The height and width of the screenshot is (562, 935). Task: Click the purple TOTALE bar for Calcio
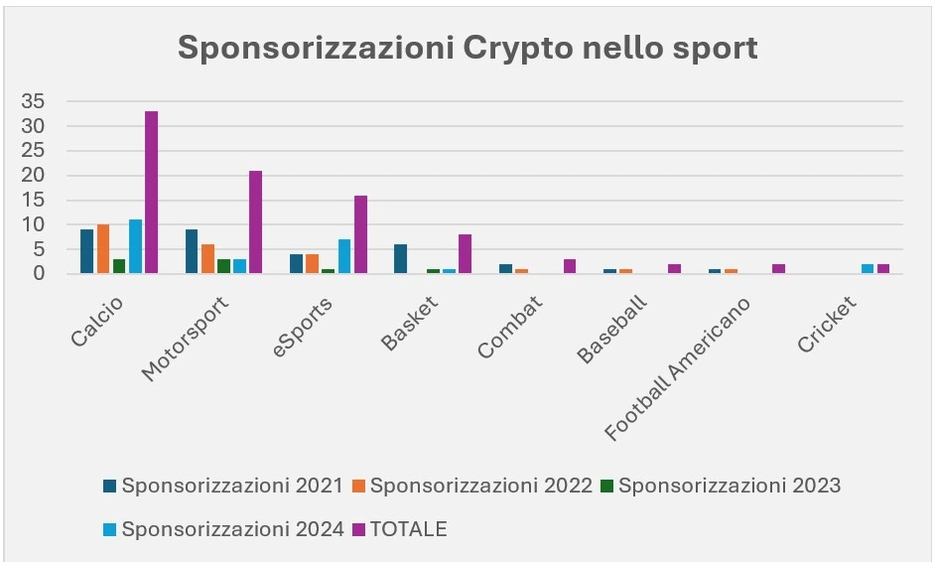(151, 193)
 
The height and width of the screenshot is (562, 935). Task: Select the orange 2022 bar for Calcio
(103, 249)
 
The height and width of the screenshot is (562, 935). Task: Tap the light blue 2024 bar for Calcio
(135, 247)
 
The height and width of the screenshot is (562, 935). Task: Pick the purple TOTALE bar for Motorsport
(256, 222)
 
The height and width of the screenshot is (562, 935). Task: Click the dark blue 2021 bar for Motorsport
(192, 251)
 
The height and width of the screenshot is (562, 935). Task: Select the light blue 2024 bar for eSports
(344, 256)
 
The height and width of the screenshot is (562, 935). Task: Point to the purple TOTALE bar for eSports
(360, 234)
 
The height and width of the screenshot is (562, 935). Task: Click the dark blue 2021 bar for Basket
(400, 259)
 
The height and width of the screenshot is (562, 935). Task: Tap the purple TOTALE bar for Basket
(465, 254)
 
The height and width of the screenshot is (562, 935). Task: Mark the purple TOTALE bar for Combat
(570, 267)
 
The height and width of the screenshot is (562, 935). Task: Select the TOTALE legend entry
(408, 529)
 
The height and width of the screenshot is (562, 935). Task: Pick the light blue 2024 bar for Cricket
(868, 268)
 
